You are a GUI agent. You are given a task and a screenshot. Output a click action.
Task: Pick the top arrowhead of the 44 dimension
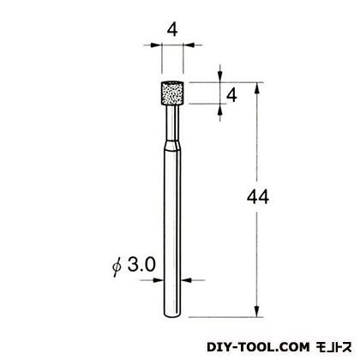(x=258, y=87)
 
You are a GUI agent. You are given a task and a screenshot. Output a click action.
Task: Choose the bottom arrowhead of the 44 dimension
(x=258, y=311)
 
